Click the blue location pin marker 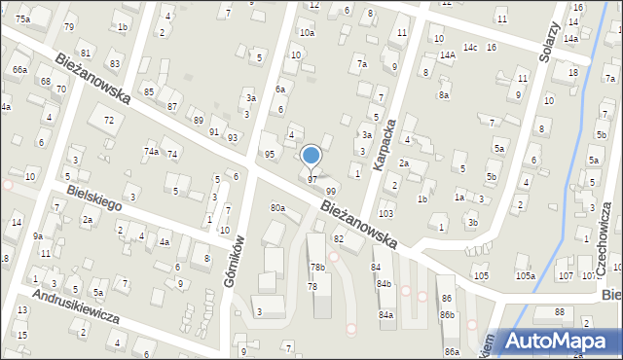coord(311,156)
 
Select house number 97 coord(311,180)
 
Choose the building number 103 coord(385,213)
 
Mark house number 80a coord(278,208)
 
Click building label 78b coord(317,267)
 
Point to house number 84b coord(384,284)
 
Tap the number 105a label coord(525,276)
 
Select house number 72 coord(109,120)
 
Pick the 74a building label coord(151,152)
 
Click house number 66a coord(19,70)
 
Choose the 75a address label coord(22,19)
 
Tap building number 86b coord(447,315)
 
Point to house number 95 coord(270,155)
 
